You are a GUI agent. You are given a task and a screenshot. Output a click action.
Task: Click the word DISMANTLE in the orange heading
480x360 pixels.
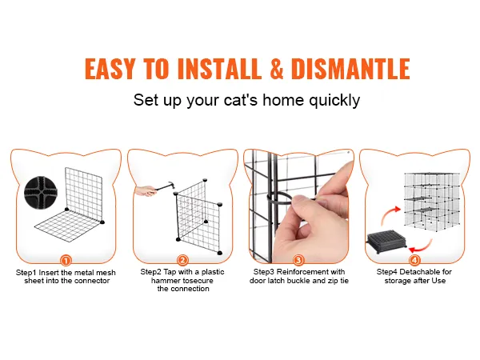(350, 69)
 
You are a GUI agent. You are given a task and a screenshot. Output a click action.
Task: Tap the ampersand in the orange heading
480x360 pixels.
(277, 69)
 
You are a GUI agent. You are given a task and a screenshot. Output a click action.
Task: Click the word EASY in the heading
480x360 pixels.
(110, 69)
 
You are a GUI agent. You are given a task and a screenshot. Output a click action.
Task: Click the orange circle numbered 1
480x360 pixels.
(66, 261)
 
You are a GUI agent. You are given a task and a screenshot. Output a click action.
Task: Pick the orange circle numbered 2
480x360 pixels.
(182, 261)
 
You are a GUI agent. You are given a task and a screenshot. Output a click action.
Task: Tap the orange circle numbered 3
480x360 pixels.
(298, 261)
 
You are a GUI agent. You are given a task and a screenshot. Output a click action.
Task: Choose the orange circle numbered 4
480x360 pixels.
(414, 261)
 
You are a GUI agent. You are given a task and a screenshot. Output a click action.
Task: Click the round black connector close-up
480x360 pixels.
(41, 191)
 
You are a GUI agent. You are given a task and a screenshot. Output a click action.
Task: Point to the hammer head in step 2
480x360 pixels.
(170, 186)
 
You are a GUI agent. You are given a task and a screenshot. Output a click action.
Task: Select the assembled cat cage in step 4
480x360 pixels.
(432, 202)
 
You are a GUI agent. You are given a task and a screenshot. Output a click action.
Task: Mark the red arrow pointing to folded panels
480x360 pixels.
(421, 246)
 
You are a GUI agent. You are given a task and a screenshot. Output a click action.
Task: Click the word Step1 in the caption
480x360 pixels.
(26, 273)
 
